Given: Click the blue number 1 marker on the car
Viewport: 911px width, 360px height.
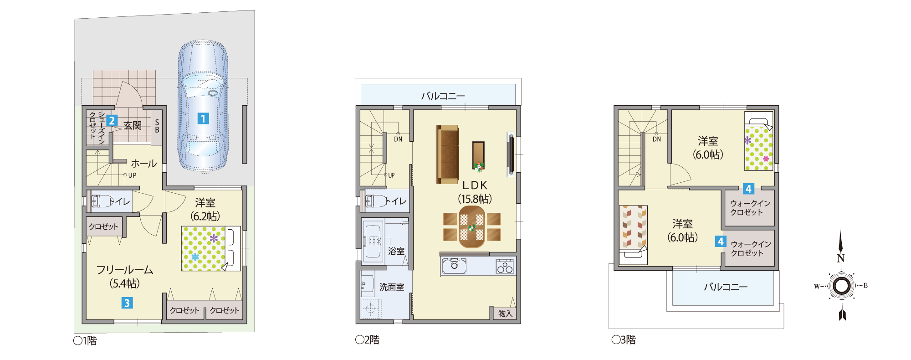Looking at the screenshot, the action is click(203, 118).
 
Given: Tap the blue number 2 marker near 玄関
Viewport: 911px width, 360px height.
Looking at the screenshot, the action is click(112, 121).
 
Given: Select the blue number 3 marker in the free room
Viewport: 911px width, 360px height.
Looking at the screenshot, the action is click(127, 303).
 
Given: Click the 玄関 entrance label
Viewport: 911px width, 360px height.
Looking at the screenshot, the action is click(133, 125).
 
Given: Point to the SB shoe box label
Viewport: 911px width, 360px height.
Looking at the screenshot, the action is click(157, 126).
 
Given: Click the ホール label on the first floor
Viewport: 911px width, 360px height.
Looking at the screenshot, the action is click(144, 164).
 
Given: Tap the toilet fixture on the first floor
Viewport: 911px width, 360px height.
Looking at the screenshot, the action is click(102, 201).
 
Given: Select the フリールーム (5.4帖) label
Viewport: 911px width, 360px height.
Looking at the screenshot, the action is click(124, 277).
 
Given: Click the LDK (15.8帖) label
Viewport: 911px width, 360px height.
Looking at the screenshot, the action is click(475, 192).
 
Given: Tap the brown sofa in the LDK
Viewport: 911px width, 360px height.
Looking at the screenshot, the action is click(447, 154).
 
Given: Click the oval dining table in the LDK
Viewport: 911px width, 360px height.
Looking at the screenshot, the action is click(472, 227).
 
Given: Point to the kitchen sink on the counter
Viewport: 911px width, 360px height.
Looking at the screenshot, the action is click(454, 266).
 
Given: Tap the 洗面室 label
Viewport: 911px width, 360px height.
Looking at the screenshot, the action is click(392, 287).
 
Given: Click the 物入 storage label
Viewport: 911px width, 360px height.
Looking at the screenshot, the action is click(505, 314).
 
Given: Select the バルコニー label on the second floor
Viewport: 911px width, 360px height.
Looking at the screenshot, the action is click(443, 96).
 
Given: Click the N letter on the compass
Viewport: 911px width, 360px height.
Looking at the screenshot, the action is click(841, 258).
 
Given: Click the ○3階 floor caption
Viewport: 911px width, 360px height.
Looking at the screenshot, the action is click(624, 339).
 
